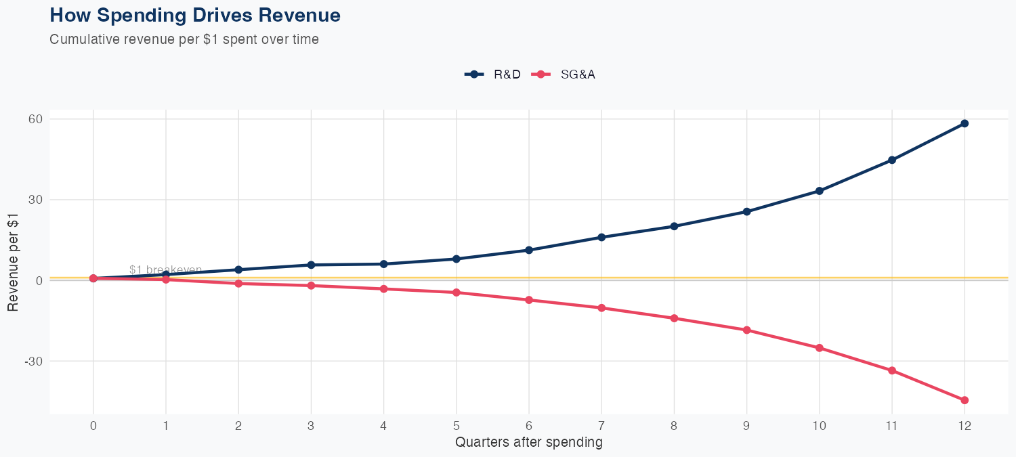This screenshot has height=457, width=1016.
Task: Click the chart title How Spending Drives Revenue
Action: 195,15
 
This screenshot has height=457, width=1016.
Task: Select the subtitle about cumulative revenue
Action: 184,39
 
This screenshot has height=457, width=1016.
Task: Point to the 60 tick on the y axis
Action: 35,119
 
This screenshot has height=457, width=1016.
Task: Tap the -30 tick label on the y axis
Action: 33,362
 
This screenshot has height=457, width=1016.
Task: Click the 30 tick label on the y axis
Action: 35,200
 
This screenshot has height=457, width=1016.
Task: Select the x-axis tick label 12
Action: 965,426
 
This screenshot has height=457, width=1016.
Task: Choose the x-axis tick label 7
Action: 601,426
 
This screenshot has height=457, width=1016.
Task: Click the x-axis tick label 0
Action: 93,426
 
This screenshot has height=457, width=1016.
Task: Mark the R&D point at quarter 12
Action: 965,123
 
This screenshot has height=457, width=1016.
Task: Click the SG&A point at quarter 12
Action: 965,400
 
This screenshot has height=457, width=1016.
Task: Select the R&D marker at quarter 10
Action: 820,191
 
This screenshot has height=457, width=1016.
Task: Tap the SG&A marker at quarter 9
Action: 746,330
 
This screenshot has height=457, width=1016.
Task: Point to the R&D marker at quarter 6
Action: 529,250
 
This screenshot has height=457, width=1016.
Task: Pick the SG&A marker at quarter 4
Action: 384,289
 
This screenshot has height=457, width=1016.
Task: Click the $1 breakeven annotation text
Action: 165,270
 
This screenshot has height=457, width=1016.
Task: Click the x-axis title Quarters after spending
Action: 529,443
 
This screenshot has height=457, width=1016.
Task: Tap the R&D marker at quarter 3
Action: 311,265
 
